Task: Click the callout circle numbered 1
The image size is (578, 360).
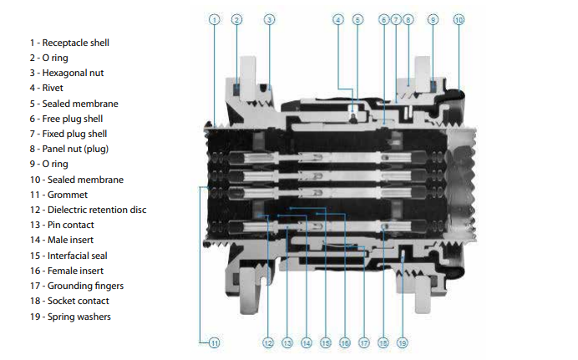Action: [215, 19]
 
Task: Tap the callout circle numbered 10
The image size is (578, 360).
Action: [459, 19]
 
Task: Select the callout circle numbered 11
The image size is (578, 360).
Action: [215, 342]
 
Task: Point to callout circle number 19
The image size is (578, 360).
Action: [403, 342]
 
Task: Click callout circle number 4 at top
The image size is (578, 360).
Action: [338, 19]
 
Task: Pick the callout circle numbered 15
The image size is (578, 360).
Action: [326, 342]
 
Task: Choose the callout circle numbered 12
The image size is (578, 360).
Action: [267, 342]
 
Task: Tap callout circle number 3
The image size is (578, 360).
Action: [269, 19]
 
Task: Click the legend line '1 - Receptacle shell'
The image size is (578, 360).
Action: [68, 42]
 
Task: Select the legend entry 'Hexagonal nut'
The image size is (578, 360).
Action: [67, 73]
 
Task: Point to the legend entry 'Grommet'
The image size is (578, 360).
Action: [55, 195]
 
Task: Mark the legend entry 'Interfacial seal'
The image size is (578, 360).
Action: [68, 256]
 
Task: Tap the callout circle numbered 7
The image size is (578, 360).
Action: [396, 19]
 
